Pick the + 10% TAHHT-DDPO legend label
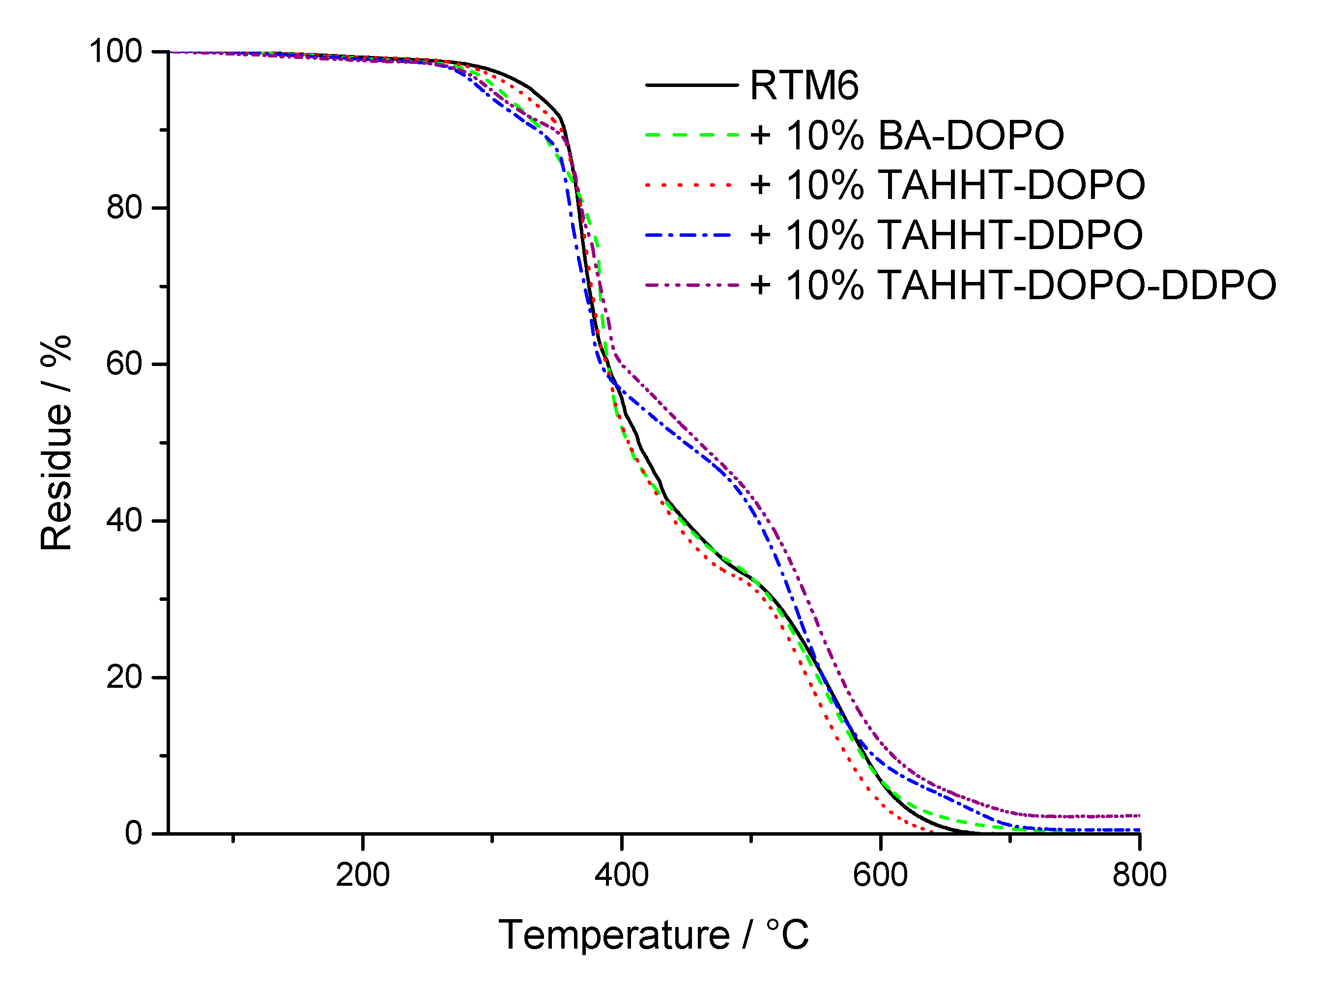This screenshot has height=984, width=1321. coord(946,235)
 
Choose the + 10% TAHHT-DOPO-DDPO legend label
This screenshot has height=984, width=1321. coord(1012,285)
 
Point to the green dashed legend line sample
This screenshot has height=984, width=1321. coord(691,135)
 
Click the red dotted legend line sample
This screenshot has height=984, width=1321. coord(691,185)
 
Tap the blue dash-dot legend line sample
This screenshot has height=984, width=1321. coord(691,235)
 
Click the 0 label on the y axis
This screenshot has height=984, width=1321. coord(134,833)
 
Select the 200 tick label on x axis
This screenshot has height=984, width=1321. coord(362,875)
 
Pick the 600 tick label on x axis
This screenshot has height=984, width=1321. coord(880,875)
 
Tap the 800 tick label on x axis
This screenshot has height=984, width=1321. coord(1139,875)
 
